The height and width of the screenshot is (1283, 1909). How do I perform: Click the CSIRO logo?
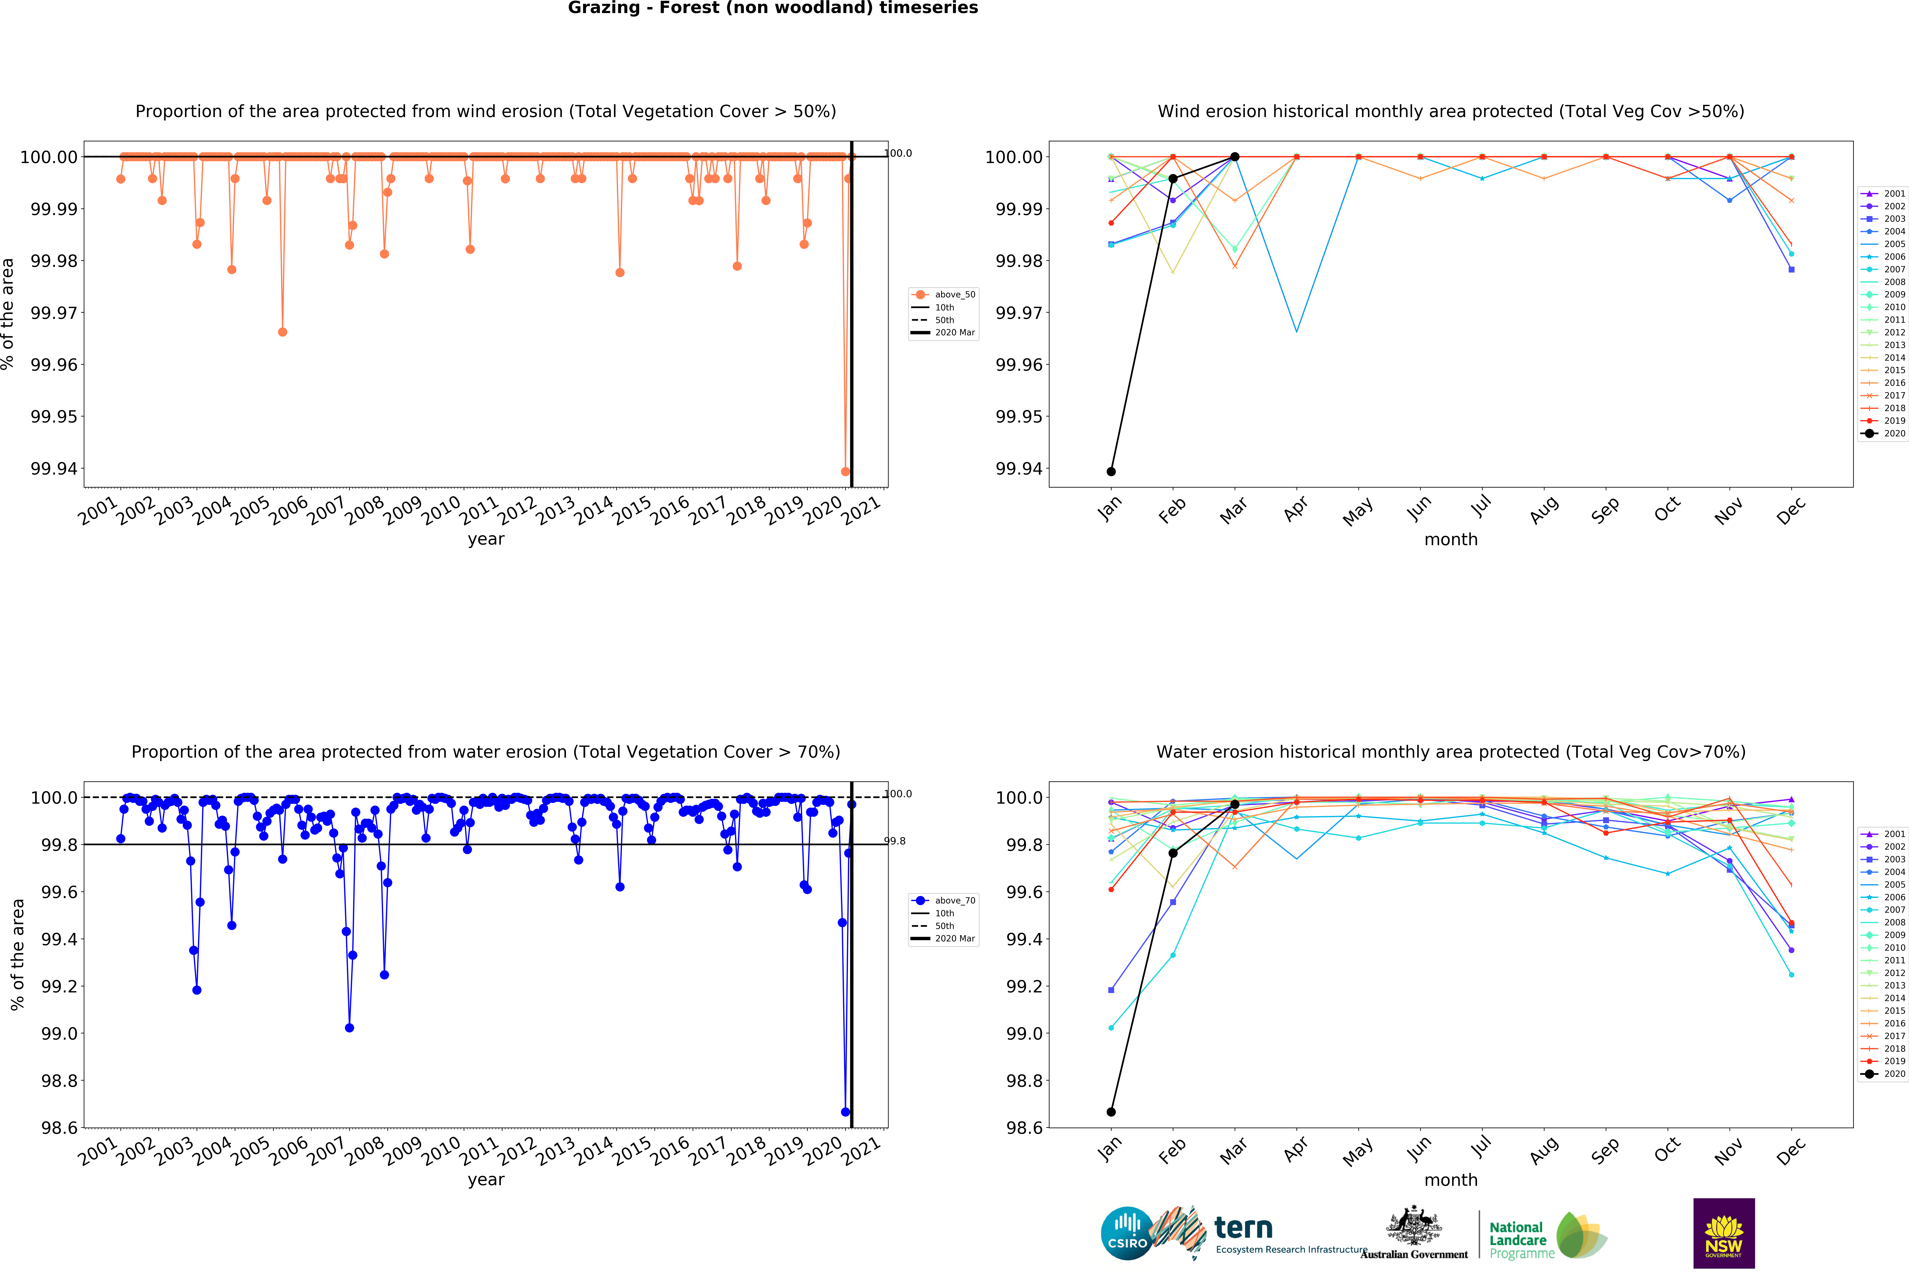[x=1127, y=1233]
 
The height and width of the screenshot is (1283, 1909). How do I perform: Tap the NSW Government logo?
[x=1723, y=1233]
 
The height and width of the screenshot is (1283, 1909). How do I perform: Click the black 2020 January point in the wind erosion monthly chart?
[x=1110, y=471]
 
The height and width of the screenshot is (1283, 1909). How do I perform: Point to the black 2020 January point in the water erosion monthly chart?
[x=1110, y=1112]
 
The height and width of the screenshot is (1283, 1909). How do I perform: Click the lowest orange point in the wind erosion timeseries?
[x=845, y=471]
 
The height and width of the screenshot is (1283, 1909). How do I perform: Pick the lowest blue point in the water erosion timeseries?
[x=845, y=1112]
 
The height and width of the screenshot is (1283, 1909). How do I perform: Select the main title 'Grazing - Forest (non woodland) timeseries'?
[x=772, y=8]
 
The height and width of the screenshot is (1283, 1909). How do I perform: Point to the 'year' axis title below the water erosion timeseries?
[x=486, y=1180]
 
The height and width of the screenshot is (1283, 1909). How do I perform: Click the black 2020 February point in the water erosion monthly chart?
[x=1173, y=853]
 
